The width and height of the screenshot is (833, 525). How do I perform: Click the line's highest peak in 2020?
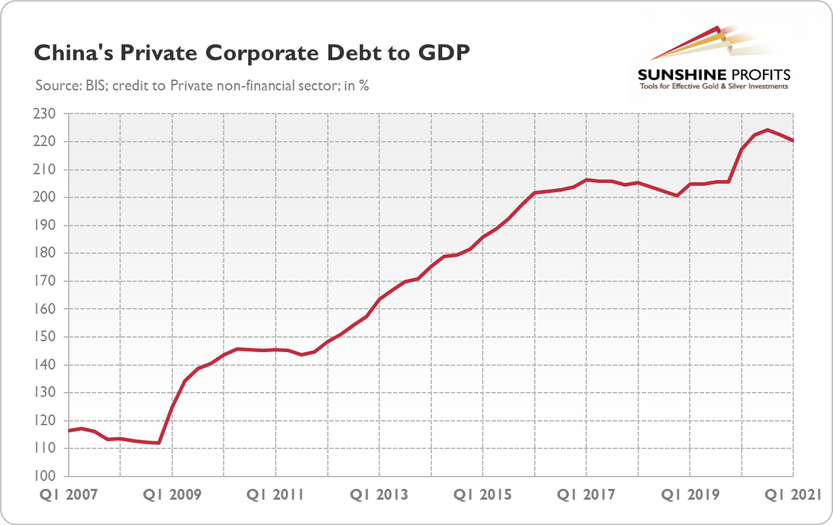(768, 130)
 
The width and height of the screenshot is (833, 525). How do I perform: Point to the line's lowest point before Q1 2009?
(158, 443)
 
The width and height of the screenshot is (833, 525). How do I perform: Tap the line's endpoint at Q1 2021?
(793, 140)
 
